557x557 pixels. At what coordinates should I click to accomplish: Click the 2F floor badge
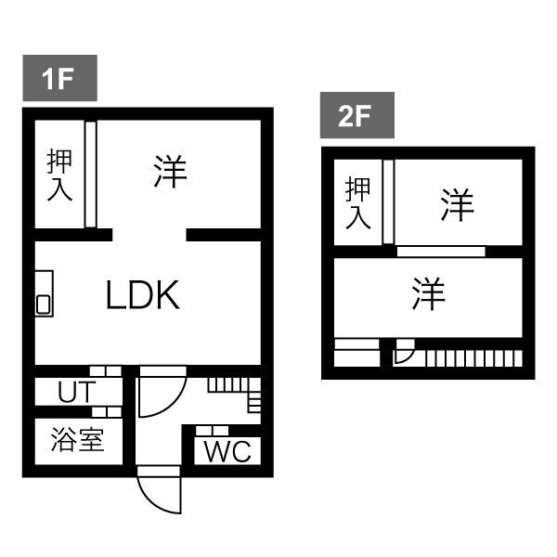coord(357,118)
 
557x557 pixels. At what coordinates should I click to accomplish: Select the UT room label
coord(74,392)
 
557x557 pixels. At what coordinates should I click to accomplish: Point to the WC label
coord(227,452)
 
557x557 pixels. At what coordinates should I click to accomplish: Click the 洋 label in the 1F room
coord(170,172)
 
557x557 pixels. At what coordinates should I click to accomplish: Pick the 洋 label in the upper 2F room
coord(457,203)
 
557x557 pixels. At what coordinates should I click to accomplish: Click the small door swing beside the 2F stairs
coord(404,354)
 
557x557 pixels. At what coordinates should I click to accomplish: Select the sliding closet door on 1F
coord(91,174)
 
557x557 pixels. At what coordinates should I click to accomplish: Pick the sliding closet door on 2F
coord(388,201)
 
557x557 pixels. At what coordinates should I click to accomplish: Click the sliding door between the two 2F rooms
coord(441,251)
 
